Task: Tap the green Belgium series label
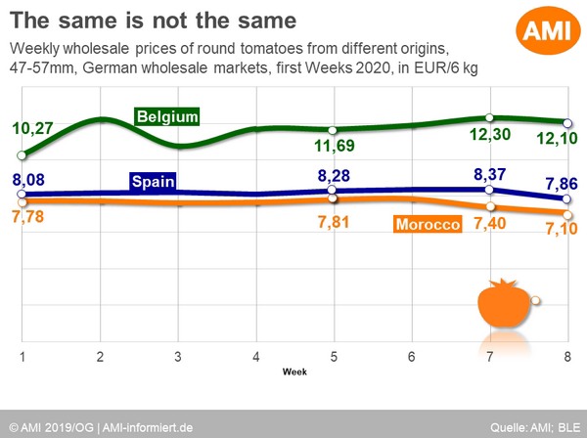(167, 116)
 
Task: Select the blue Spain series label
(154, 181)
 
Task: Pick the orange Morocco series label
(428, 226)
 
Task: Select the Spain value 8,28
(337, 177)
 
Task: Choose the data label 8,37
(492, 175)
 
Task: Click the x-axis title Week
(294, 372)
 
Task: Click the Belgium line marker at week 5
(334, 130)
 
